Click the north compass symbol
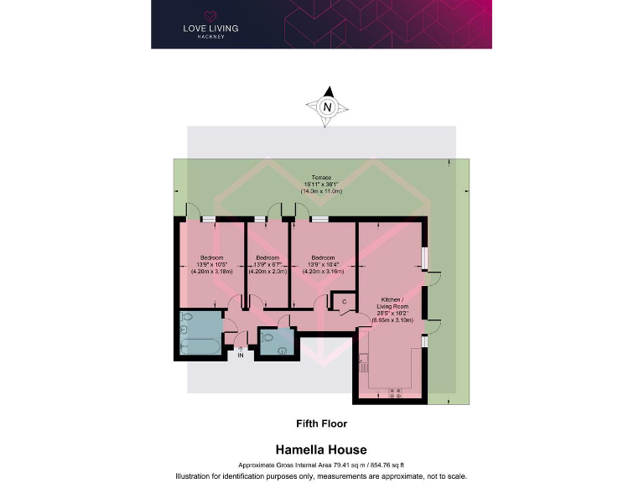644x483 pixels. [x=328, y=106]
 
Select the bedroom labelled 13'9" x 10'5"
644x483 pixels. [x=211, y=264]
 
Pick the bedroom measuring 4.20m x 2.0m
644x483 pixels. [x=267, y=264]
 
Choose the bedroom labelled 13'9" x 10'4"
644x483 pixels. [x=323, y=264]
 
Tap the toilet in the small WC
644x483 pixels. [x=268, y=336]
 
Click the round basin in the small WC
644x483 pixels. [x=283, y=349]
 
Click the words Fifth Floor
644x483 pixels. [x=321, y=423]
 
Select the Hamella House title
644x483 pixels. [x=321, y=450]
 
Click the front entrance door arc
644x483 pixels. [x=241, y=336]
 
